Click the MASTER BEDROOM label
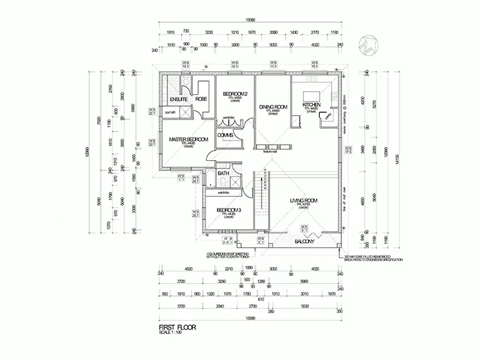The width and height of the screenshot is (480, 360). pyautogui.click(x=188, y=139)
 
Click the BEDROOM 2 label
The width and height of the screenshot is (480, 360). pyautogui.click(x=235, y=94)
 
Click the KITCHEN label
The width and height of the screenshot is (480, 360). pyautogui.click(x=311, y=105)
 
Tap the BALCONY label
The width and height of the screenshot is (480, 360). pyautogui.click(x=305, y=241)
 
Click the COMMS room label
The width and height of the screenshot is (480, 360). pyautogui.click(x=226, y=135)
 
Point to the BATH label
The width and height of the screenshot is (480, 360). pyautogui.click(x=223, y=174)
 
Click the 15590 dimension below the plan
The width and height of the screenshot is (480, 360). pyautogui.click(x=248, y=317)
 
